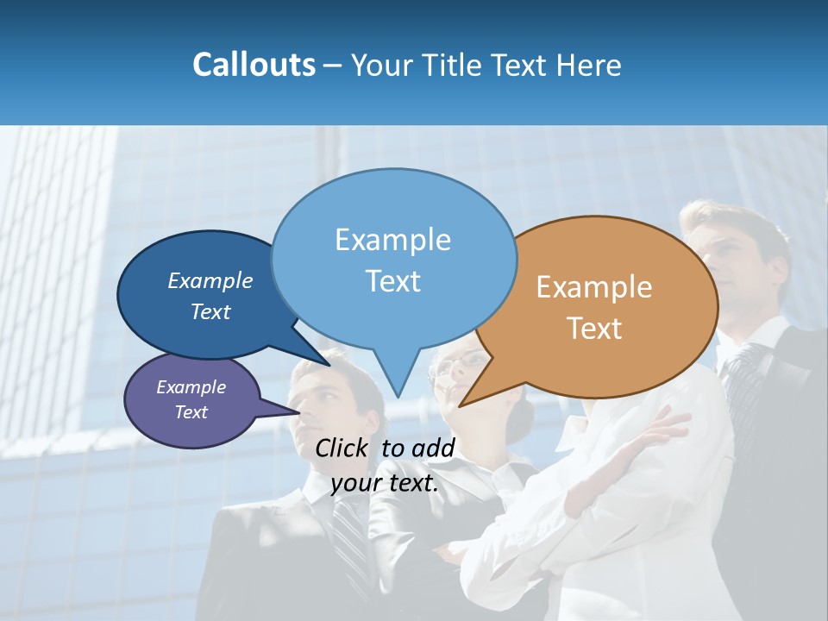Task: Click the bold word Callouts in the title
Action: (x=254, y=65)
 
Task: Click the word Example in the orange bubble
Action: (x=594, y=287)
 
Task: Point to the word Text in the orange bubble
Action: (x=594, y=329)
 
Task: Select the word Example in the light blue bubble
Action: (x=392, y=240)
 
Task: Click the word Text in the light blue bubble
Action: (x=392, y=281)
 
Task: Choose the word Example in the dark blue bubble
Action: (x=210, y=280)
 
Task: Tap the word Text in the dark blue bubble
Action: (x=210, y=311)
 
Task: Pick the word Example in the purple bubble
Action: (x=191, y=387)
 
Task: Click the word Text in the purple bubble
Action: (x=191, y=412)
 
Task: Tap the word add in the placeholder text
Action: (x=433, y=448)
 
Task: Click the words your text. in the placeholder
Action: (x=385, y=483)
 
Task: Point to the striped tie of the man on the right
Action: (x=741, y=379)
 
